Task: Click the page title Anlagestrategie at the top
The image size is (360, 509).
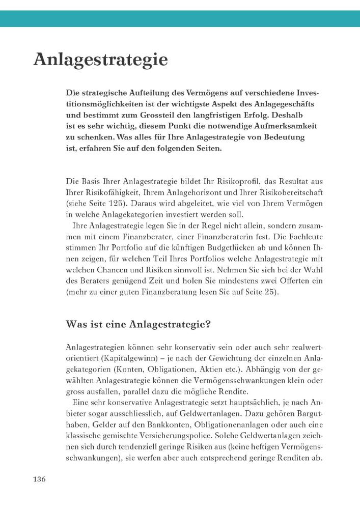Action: click(100, 60)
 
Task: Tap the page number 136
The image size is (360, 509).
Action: click(40, 479)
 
